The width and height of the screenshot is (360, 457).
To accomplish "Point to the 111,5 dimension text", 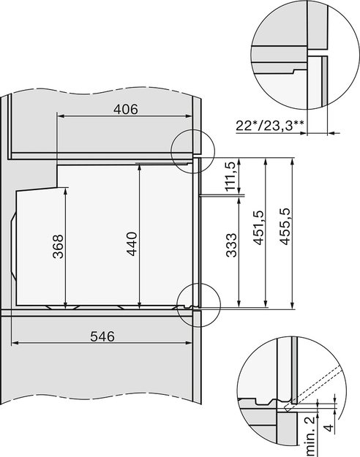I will tap(230, 176).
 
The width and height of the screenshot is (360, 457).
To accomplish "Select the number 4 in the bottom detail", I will tap(329, 428).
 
